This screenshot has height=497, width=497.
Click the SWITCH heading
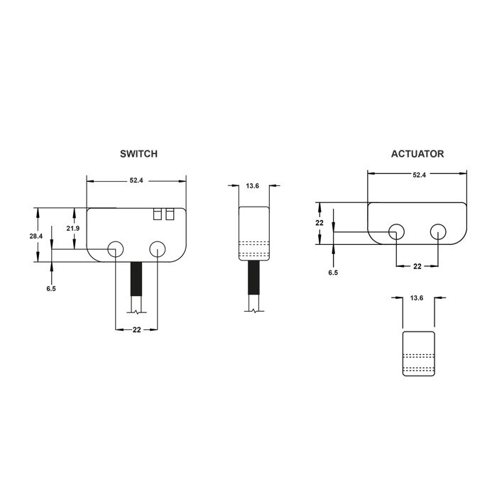[x=138, y=153]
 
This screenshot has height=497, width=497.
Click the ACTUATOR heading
[x=417, y=153]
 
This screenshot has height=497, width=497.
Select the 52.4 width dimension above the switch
[x=136, y=181]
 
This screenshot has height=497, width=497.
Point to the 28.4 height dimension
[x=35, y=236]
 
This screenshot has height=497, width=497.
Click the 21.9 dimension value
[x=73, y=228]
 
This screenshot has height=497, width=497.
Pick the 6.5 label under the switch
[x=50, y=288]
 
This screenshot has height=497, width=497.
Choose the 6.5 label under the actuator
[x=333, y=272]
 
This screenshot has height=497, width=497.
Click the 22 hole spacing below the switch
[x=136, y=330]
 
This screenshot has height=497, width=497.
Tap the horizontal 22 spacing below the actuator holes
[x=417, y=266]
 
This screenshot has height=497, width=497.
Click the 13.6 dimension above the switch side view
[x=253, y=186]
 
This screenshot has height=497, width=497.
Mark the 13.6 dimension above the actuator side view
[x=417, y=299]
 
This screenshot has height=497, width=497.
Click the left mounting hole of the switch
[x=115, y=248]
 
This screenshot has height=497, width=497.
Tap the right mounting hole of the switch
[x=157, y=248]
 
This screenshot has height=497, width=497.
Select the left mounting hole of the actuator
[x=397, y=231]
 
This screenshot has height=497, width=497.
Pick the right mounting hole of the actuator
[x=438, y=231]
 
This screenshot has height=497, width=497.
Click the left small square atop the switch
[x=158, y=213]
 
